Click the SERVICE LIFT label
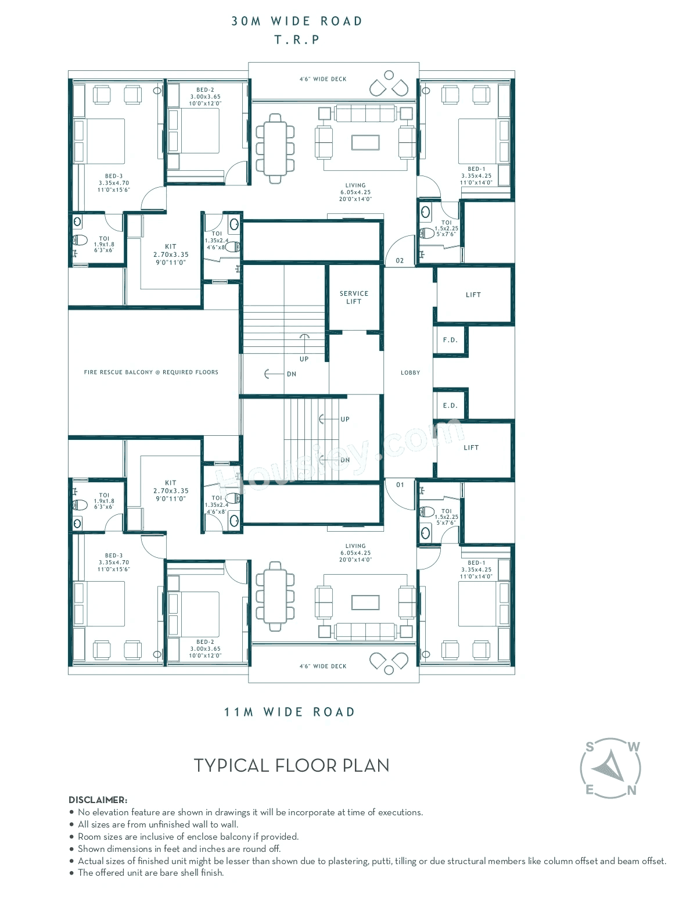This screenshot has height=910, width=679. [x=354, y=298]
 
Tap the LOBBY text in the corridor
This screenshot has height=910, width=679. [x=410, y=372]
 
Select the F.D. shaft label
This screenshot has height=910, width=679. [x=450, y=340]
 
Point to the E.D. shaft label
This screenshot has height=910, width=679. [x=450, y=406]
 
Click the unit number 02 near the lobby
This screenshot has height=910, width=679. [x=400, y=261]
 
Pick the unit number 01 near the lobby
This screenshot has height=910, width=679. [x=400, y=485]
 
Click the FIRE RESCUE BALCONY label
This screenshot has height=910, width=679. [x=151, y=372]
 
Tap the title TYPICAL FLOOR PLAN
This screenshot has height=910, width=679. [x=292, y=766]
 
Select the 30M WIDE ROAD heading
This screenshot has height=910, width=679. [x=297, y=22]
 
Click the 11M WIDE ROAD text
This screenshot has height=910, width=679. [x=289, y=712]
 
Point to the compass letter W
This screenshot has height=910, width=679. [x=634, y=747]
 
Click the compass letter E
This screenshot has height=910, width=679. [x=590, y=790]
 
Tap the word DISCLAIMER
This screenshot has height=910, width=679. [x=98, y=800]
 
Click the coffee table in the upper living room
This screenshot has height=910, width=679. [x=365, y=142]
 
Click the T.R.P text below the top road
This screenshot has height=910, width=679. [x=297, y=40]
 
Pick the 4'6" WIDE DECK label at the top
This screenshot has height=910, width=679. [x=323, y=79]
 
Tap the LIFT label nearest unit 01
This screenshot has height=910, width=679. [x=471, y=448]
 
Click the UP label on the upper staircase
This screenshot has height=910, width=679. [x=304, y=359]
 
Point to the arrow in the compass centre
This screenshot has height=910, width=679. [x=609, y=767]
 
